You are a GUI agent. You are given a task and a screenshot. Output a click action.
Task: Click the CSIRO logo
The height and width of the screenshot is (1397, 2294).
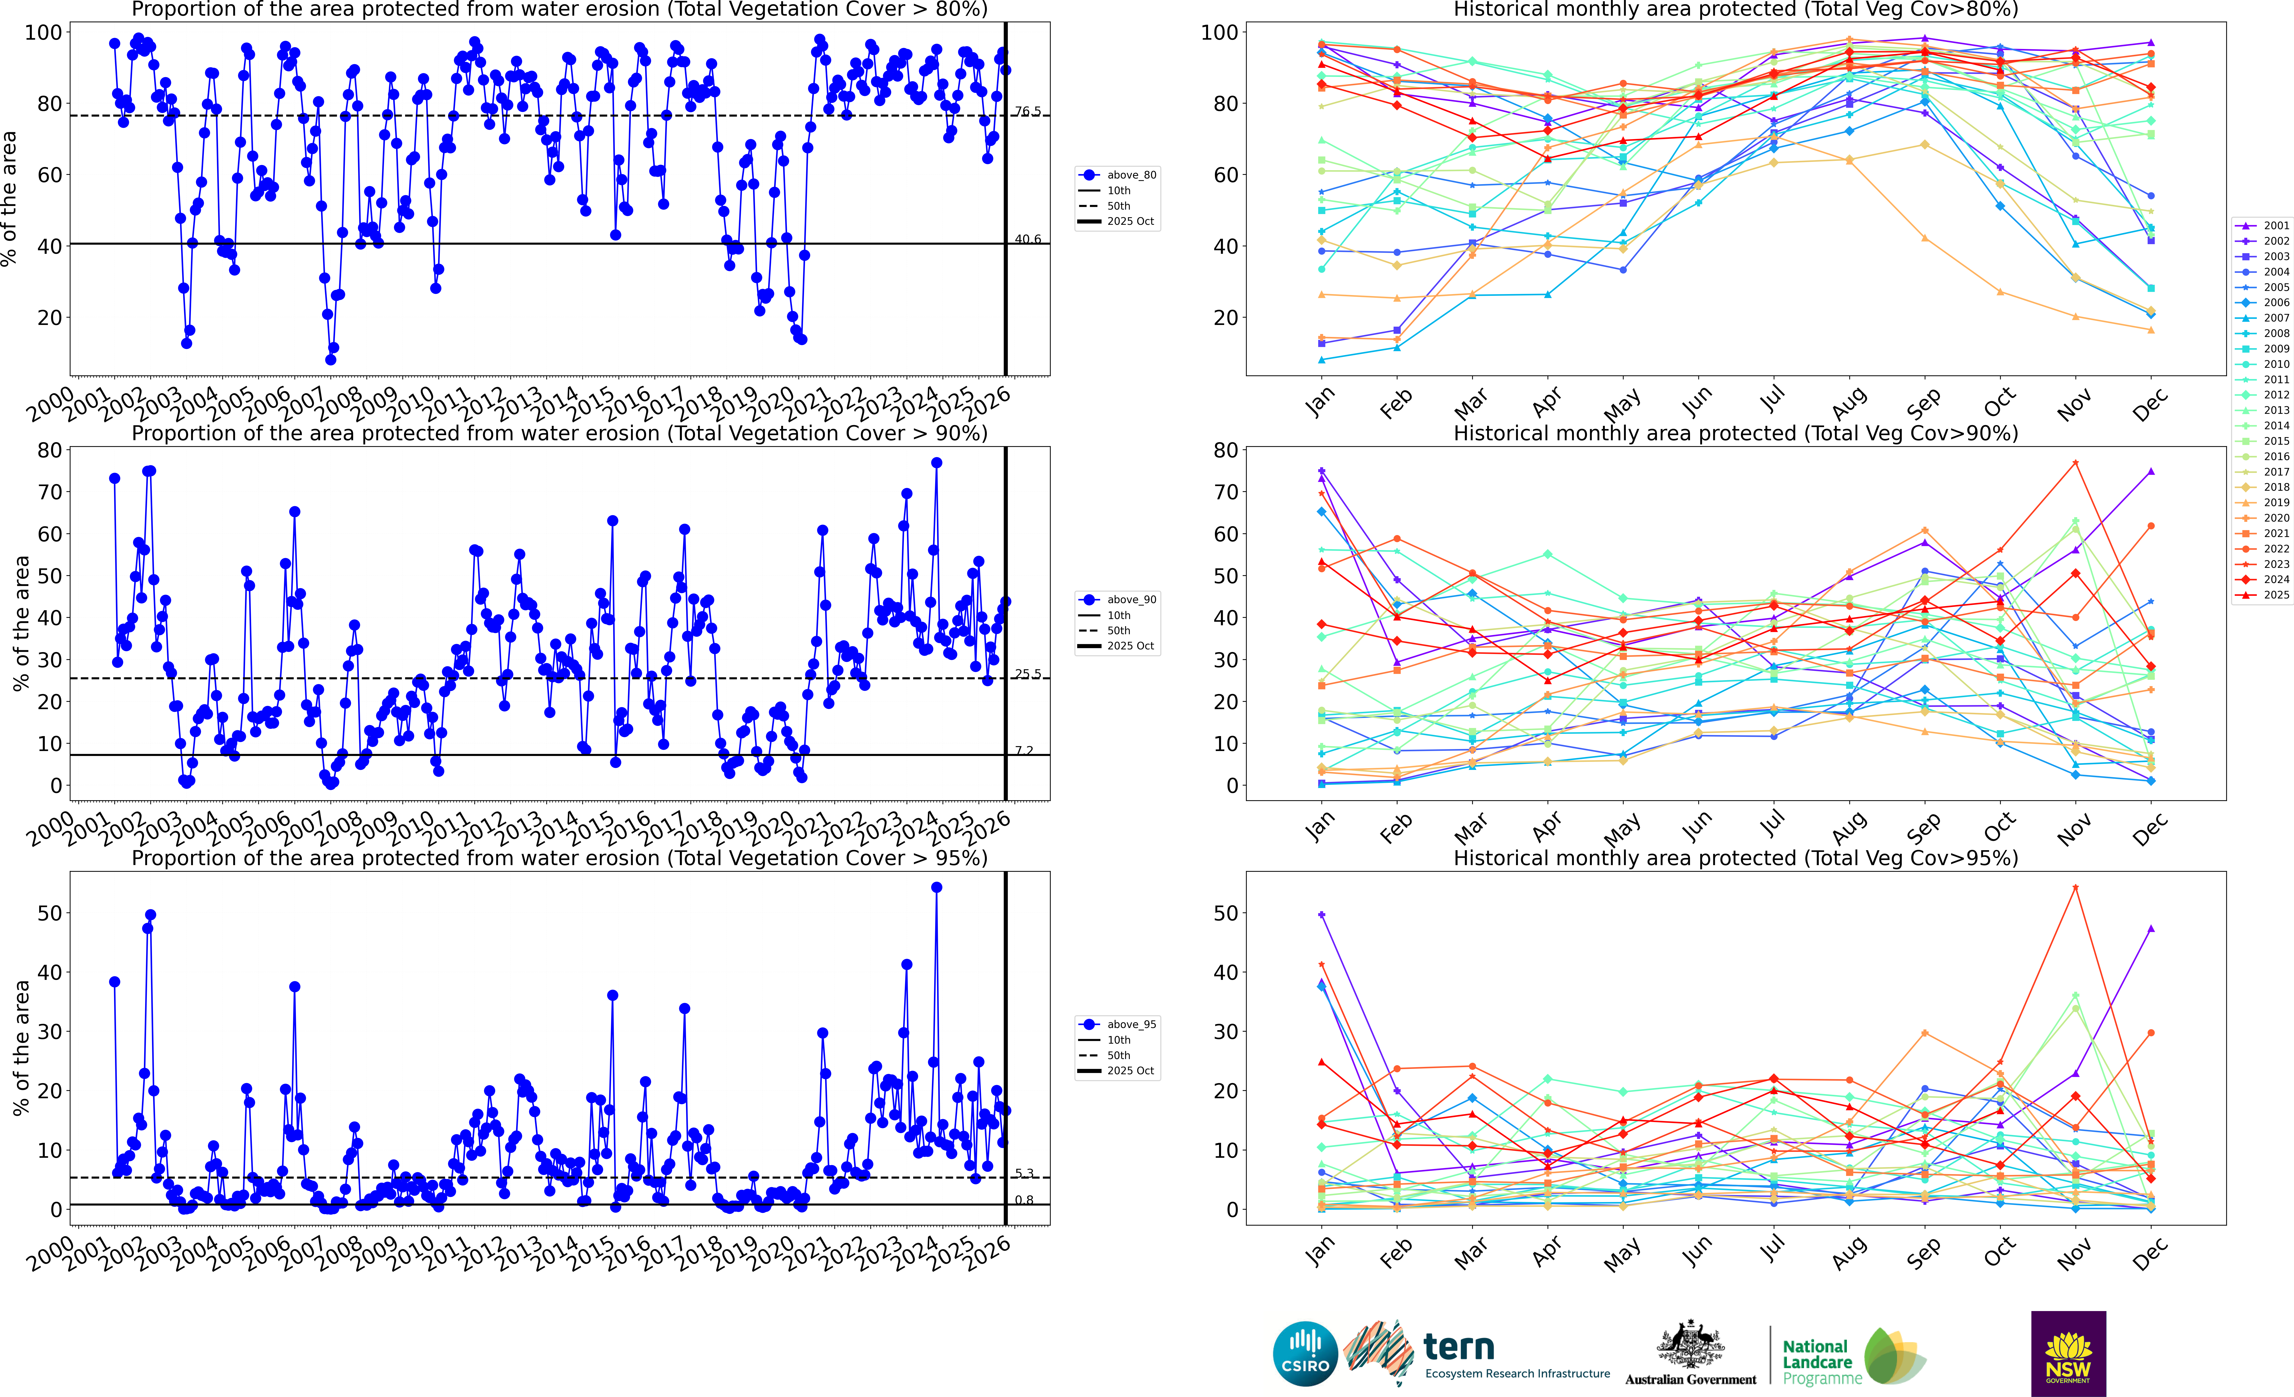[x=1305, y=1353]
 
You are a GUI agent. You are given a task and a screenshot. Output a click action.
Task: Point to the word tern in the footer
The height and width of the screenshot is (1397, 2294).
[x=1459, y=1347]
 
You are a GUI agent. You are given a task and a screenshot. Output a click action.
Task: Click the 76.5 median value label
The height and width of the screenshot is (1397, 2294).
[x=1027, y=112]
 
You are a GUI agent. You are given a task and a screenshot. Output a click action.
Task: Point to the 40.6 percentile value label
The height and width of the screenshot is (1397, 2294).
[x=1027, y=239]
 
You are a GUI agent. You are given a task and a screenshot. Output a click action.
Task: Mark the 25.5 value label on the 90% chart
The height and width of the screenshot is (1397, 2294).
[x=1027, y=674]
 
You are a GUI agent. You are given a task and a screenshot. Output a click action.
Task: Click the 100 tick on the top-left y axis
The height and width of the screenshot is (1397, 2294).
[x=43, y=33]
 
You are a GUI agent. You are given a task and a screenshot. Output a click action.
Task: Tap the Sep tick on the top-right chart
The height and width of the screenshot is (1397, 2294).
[x=1922, y=402]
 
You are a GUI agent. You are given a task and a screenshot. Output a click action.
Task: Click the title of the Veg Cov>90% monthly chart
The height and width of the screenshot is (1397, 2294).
[x=1735, y=433]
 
